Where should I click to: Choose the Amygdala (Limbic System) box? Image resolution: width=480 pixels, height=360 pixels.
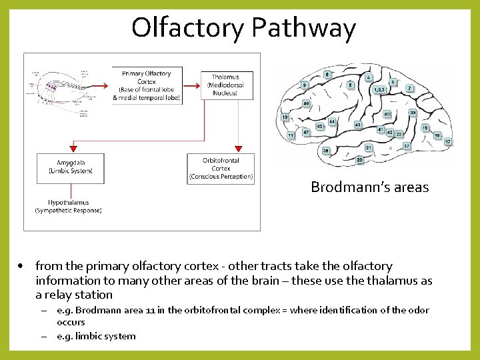[x=71, y=167]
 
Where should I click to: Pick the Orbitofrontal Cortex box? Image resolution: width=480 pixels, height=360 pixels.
[x=221, y=169]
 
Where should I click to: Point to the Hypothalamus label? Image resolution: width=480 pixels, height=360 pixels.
[x=69, y=206]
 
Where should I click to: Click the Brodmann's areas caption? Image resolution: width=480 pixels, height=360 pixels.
[x=369, y=187]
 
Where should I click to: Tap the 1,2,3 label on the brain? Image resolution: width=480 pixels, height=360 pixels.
[x=379, y=89]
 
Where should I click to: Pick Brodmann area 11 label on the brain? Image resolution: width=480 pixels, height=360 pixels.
[x=291, y=135]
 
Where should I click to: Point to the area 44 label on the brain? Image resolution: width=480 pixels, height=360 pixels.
[x=332, y=121]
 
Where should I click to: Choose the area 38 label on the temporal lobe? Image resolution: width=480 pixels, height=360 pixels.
[x=327, y=151]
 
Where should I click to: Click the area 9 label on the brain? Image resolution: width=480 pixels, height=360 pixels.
[x=304, y=85]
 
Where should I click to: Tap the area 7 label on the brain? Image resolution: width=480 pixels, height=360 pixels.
[x=409, y=88]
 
